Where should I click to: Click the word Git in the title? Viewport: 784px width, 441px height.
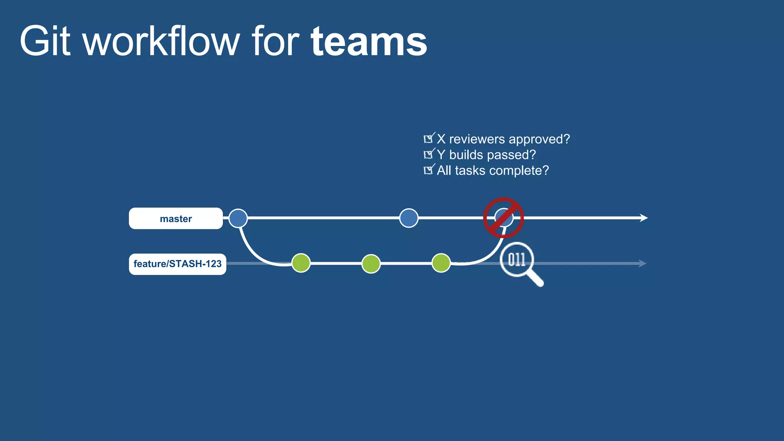point(45,41)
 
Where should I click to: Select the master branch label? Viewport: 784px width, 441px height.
point(176,219)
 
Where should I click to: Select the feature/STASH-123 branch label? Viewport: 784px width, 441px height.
point(177,264)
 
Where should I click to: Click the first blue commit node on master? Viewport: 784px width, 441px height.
point(238,218)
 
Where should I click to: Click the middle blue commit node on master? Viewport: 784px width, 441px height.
point(408,218)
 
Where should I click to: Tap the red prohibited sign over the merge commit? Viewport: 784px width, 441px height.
point(503,218)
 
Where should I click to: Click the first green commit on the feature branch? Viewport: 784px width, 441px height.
point(301,263)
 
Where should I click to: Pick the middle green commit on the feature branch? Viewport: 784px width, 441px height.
point(371,264)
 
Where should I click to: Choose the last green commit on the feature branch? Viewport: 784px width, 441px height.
point(441,263)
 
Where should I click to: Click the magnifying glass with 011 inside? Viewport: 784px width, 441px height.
point(516,260)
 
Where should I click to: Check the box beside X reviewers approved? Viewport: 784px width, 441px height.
point(428,139)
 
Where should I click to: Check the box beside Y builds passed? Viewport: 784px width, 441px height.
point(428,154)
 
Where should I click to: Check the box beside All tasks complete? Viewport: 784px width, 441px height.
point(428,170)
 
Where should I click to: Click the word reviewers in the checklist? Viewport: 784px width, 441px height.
point(477,139)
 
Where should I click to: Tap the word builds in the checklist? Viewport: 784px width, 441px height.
point(466,155)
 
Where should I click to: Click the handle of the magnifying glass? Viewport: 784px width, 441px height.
point(536,279)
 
